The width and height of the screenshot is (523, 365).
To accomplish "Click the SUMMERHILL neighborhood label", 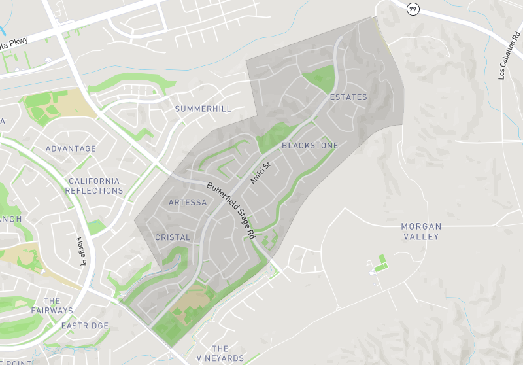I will (203, 109).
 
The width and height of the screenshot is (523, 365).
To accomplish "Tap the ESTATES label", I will (348, 97).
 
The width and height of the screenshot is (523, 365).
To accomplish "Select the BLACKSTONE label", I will (310, 145).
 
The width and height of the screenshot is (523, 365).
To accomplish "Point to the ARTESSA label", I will (188, 203).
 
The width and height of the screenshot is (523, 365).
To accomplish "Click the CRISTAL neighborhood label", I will (173, 237).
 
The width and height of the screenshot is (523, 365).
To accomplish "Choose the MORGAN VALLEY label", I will (421, 232).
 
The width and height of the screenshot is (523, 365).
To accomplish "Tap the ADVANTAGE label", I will (71, 149).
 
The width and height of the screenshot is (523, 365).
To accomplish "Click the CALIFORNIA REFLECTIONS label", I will (94, 186).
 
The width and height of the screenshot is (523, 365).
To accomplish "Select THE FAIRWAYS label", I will (52, 306).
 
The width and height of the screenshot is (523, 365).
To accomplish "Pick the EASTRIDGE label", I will (84, 326).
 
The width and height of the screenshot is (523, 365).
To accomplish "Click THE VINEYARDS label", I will (220, 353).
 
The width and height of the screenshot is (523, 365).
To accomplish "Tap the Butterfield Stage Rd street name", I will (231, 209).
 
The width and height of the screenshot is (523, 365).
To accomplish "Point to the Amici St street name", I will (260, 173).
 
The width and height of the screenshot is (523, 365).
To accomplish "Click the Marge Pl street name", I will (81, 252).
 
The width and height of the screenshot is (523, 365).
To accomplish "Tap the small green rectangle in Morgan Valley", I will (381, 260).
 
